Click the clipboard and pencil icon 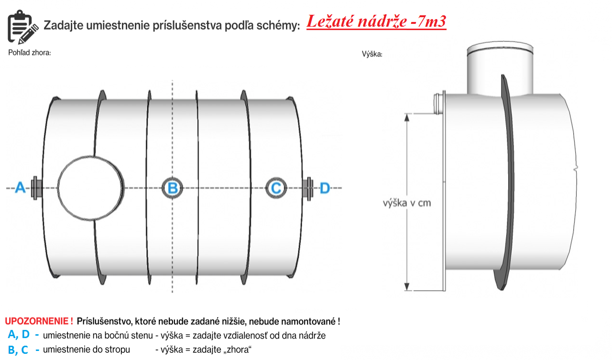(22, 27)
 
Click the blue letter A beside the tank (20, 187)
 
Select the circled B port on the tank (173, 188)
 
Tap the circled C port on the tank (276, 188)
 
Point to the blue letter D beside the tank (325, 188)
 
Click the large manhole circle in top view (91, 188)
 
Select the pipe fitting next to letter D (308, 189)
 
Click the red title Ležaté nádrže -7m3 (376, 22)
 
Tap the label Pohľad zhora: (30, 53)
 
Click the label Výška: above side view (372, 54)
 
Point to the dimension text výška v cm (407, 203)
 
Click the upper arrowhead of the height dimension (407, 118)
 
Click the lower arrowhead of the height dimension (407, 286)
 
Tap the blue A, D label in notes (19, 334)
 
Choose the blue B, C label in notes (18, 350)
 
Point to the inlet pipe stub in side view (438, 104)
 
